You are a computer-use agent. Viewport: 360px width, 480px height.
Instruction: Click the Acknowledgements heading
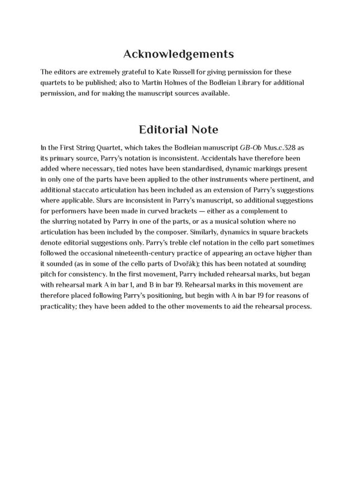point(178,54)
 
